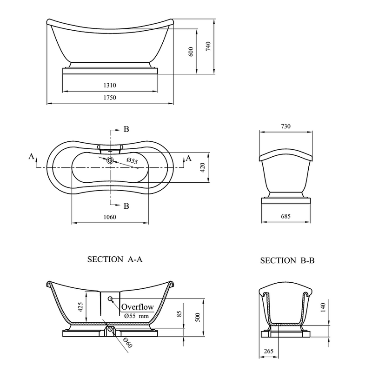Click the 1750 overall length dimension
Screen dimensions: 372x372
110,97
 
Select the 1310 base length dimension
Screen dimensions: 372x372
110,86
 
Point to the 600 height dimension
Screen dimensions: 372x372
191,51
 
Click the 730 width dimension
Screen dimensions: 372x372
286,126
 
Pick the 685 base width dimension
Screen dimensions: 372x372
286,217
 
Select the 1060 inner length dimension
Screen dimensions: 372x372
110,217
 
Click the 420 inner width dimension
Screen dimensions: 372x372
202,167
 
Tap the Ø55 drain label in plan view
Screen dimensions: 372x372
133,161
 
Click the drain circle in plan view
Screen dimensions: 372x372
110,160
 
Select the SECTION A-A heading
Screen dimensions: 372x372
114,260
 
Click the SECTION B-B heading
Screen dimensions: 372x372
287,261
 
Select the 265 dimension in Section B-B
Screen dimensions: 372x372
267,351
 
